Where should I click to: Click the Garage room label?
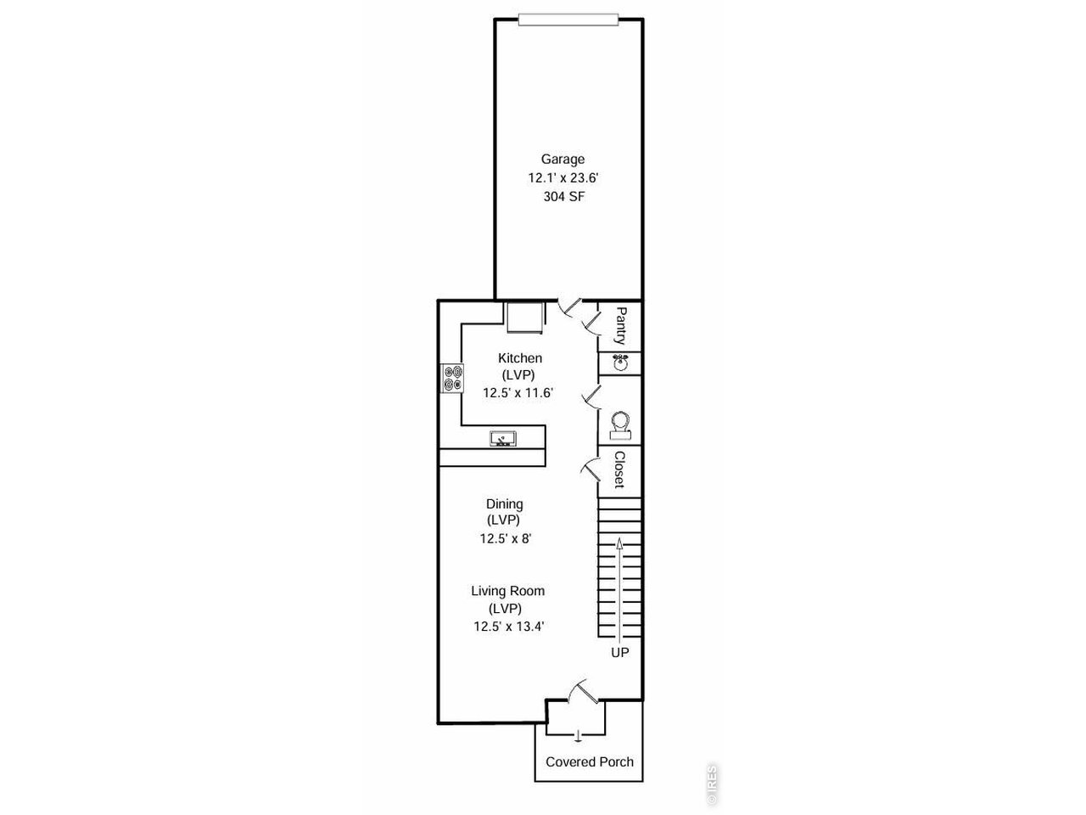563,160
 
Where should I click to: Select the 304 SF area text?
564,196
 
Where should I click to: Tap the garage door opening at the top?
568,20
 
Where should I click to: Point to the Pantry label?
620,326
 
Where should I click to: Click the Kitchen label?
520,357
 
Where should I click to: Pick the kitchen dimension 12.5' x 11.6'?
518,393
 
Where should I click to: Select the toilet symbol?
620,425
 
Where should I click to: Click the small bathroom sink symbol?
620,363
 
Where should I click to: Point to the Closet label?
619,469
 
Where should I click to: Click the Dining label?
505,504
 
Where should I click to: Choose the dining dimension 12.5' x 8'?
505,538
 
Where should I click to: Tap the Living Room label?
507,591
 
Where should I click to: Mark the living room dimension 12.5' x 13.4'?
508,627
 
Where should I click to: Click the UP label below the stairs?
620,653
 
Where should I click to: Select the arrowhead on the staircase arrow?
619,543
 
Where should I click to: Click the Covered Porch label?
590,762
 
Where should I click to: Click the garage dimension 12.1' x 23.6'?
563,178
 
